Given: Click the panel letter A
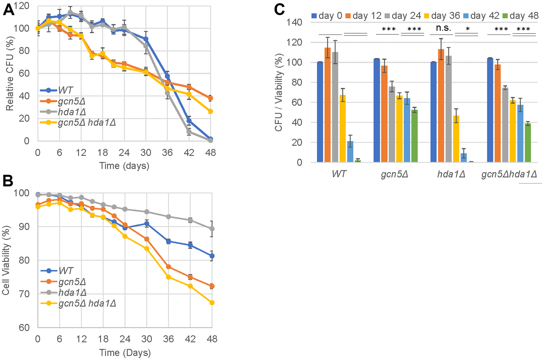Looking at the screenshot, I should (x=8, y=10).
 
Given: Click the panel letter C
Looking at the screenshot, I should (x=279, y=9).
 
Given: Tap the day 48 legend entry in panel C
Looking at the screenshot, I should (x=520, y=16).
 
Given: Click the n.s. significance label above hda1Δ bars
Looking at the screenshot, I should (x=443, y=28).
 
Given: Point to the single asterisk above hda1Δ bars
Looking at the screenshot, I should (x=468, y=29).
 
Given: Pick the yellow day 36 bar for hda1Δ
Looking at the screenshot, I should (x=456, y=139).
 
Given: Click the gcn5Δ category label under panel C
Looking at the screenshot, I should (x=395, y=174).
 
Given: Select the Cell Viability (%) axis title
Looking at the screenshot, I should (x=6, y=260).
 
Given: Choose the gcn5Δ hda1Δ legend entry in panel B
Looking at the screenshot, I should (x=87, y=303).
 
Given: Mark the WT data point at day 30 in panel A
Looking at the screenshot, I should (x=146, y=39).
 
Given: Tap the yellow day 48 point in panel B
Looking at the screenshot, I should (x=212, y=303).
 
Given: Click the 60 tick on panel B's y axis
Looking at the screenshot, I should (x=24, y=328).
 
